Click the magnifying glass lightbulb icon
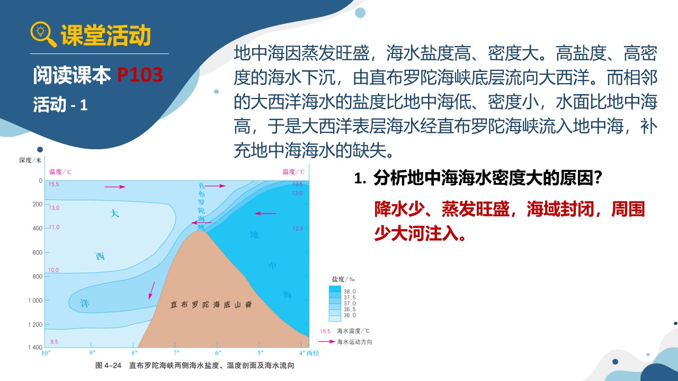pos(43,34)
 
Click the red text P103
pos(140,75)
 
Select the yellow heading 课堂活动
pos(106,35)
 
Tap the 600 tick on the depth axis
pos(38,252)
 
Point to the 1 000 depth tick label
pos(35,301)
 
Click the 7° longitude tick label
pos(176,353)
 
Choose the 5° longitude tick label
pos(260,353)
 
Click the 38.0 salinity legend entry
pos(350,292)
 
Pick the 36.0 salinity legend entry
pos(350,315)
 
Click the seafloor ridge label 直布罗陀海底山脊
pos(211,304)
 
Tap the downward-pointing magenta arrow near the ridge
pos(151,291)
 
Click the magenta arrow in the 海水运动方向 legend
pos(327,342)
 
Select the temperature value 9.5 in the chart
pos(54,342)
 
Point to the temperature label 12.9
pos(298,229)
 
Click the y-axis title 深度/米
pos(30,160)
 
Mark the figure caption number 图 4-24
pos(108,366)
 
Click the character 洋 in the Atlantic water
pos(85,303)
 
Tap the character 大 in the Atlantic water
pos(114,213)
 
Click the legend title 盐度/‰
pos(343,279)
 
